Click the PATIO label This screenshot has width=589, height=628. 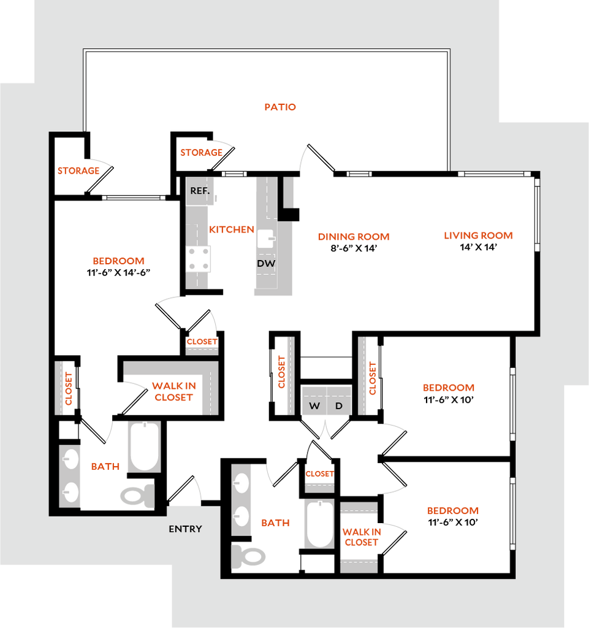(x=281, y=107)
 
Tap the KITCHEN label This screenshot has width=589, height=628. (x=232, y=230)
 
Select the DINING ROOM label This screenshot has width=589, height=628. (x=354, y=237)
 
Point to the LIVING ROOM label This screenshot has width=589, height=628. (x=478, y=235)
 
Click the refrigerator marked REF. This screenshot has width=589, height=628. (x=200, y=191)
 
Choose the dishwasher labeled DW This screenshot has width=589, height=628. (x=266, y=264)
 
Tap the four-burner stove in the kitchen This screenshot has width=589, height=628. (x=199, y=259)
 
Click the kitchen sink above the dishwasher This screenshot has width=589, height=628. (x=266, y=238)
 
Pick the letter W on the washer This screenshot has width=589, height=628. (x=314, y=406)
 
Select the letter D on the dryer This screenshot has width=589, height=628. (x=338, y=406)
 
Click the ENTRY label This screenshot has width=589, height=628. (x=185, y=529)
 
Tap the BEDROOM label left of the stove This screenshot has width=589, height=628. (x=119, y=261)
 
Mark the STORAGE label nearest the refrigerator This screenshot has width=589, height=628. (x=201, y=153)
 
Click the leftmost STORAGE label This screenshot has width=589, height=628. (x=78, y=171)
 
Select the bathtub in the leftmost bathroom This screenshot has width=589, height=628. (x=145, y=446)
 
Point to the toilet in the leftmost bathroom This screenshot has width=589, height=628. (x=136, y=495)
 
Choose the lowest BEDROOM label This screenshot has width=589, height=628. (x=453, y=511)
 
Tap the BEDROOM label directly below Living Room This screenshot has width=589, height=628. (x=450, y=388)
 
